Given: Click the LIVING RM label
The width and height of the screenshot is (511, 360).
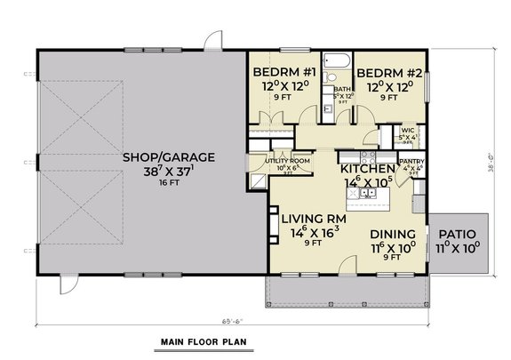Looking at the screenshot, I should (x=311, y=218).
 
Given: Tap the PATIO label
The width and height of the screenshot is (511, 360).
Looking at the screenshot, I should (x=459, y=236).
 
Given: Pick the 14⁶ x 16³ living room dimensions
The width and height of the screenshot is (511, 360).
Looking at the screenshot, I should (x=311, y=234).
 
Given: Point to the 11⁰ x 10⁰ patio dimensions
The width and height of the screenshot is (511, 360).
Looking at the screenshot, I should (x=459, y=251).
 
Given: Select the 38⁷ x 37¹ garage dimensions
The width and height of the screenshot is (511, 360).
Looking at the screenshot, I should (x=168, y=173).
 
